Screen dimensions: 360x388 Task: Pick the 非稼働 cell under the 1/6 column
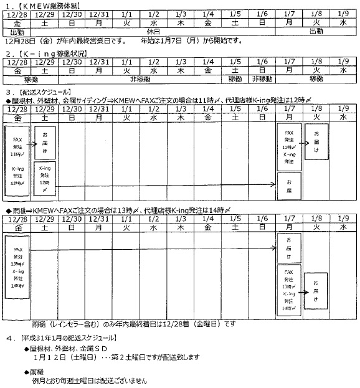coord(263,80)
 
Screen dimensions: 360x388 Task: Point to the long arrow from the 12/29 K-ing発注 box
coord(168,184)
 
